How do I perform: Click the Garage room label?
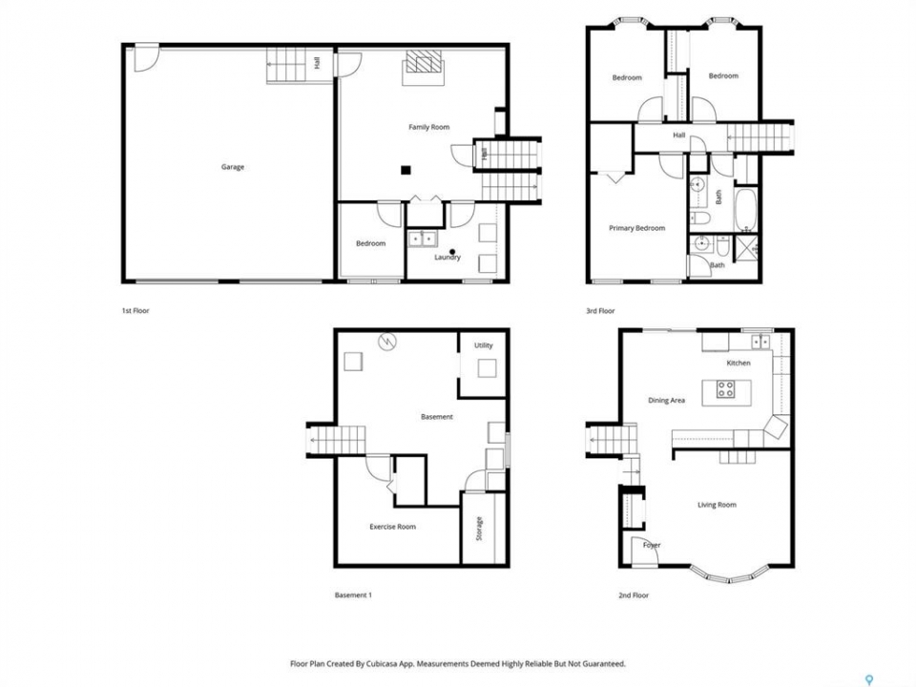(x=233, y=167)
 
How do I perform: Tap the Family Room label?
(x=428, y=127)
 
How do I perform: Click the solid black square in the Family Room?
(x=406, y=170)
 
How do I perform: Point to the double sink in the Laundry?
(x=423, y=239)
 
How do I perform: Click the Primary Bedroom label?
(x=636, y=228)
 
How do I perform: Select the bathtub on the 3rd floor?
(x=745, y=210)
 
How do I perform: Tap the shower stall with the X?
(x=747, y=247)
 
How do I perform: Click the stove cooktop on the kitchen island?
(x=725, y=389)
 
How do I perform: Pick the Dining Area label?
(x=667, y=401)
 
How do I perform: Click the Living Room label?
(x=717, y=505)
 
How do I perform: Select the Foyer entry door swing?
(x=645, y=551)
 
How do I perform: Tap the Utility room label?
(x=483, y=345)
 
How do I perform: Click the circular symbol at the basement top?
(x=386, y=342)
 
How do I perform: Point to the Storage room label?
(x=479, y=529)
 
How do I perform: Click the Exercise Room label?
(x=392, y=527)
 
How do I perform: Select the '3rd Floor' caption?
(x=600, y=311)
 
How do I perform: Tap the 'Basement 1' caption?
(x=353, y=595)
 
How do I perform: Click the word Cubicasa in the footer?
(x=384, y=664)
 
